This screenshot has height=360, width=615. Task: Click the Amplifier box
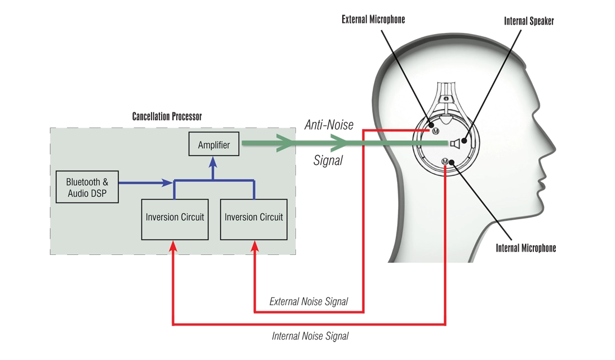[214, 145]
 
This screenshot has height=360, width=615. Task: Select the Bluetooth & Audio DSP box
[87, 188]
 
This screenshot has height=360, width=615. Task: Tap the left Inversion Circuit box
[175, 217]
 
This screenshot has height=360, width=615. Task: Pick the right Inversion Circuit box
[254, 217]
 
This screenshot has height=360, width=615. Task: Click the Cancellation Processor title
[167, 117]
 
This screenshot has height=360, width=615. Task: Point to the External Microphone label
[373, 20]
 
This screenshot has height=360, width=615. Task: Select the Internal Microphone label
[526, 248]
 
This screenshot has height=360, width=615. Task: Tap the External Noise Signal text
[309, 302]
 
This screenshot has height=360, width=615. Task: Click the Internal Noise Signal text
[310, 336]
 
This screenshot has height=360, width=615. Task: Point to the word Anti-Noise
[329, 125]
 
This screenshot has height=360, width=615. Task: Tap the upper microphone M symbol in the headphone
[435, 131]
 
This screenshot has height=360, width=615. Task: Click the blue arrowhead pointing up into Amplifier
[213, 161]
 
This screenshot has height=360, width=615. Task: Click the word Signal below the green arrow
[327, 160]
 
